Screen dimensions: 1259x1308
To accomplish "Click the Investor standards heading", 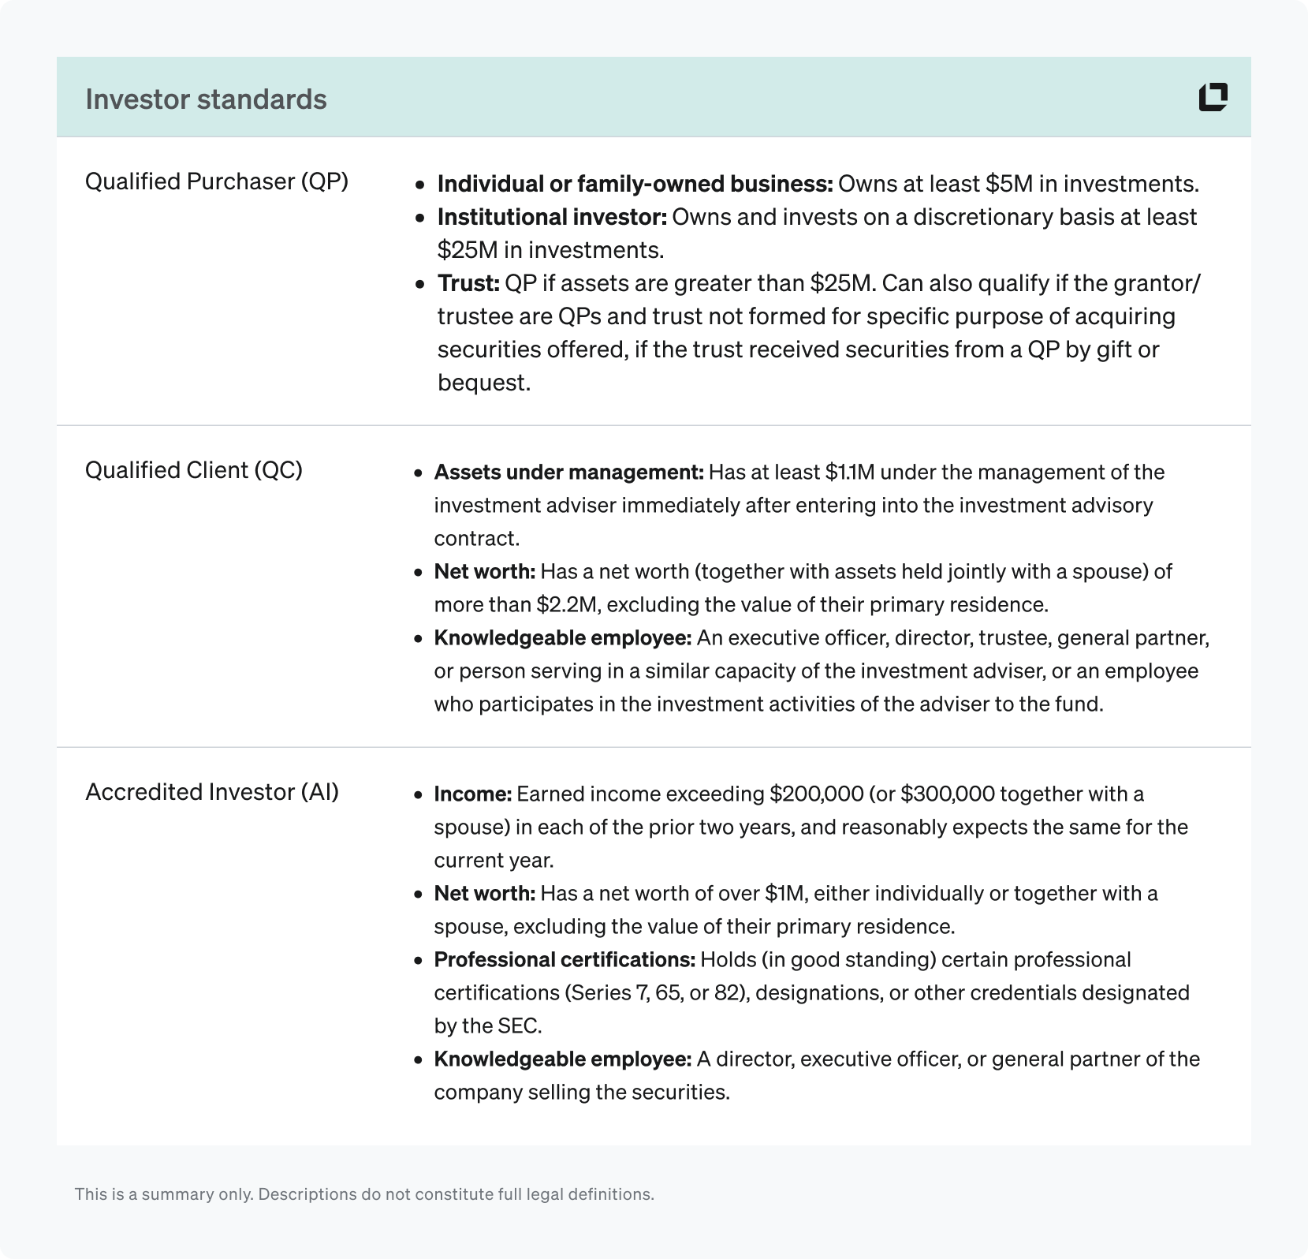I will click(206, 99).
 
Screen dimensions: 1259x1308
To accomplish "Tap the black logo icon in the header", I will click(1213, 97).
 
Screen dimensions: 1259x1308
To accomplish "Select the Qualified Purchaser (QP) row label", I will click(216, 181).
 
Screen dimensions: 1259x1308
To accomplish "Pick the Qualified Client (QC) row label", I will click(193, 470).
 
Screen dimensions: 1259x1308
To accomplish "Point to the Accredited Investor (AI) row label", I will click(211, 792).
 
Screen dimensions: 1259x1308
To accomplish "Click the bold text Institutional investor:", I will click(552, 217).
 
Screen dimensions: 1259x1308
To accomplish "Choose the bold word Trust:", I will click(468, 283).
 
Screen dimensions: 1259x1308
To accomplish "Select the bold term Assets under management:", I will click(568, 473).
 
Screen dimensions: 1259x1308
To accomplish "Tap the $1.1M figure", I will click(852, 473).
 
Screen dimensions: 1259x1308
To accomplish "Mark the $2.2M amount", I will click(565, 605).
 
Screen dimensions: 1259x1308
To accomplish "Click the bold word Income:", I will click(473, 794).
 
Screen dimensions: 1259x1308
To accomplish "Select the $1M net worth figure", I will click(784, 894).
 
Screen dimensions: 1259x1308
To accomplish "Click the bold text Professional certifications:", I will click(565, 960).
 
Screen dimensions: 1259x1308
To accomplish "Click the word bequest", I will click(481, 383).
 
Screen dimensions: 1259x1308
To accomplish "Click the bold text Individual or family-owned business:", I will click(635, 184).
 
